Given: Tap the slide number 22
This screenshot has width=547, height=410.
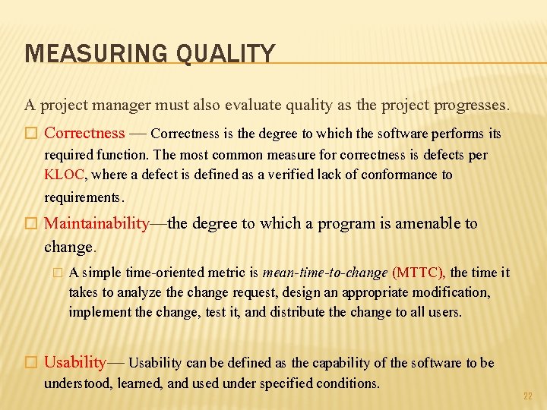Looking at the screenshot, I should [x=528, y=396].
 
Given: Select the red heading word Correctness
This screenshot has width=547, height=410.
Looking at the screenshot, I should [x=84, y=134].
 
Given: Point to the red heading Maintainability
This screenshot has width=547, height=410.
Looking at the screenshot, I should [x=96, y=223].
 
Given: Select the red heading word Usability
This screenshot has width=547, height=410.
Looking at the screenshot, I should [x=75, y=362].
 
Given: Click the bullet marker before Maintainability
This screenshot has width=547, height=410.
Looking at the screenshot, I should [x=30, y=224].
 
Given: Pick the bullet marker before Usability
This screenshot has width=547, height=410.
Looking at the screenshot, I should [x=30, y=363].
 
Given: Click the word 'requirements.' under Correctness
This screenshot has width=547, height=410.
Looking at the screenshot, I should [x=84, y=197].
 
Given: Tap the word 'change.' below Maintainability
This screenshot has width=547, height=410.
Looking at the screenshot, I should [x=71, y=247].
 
